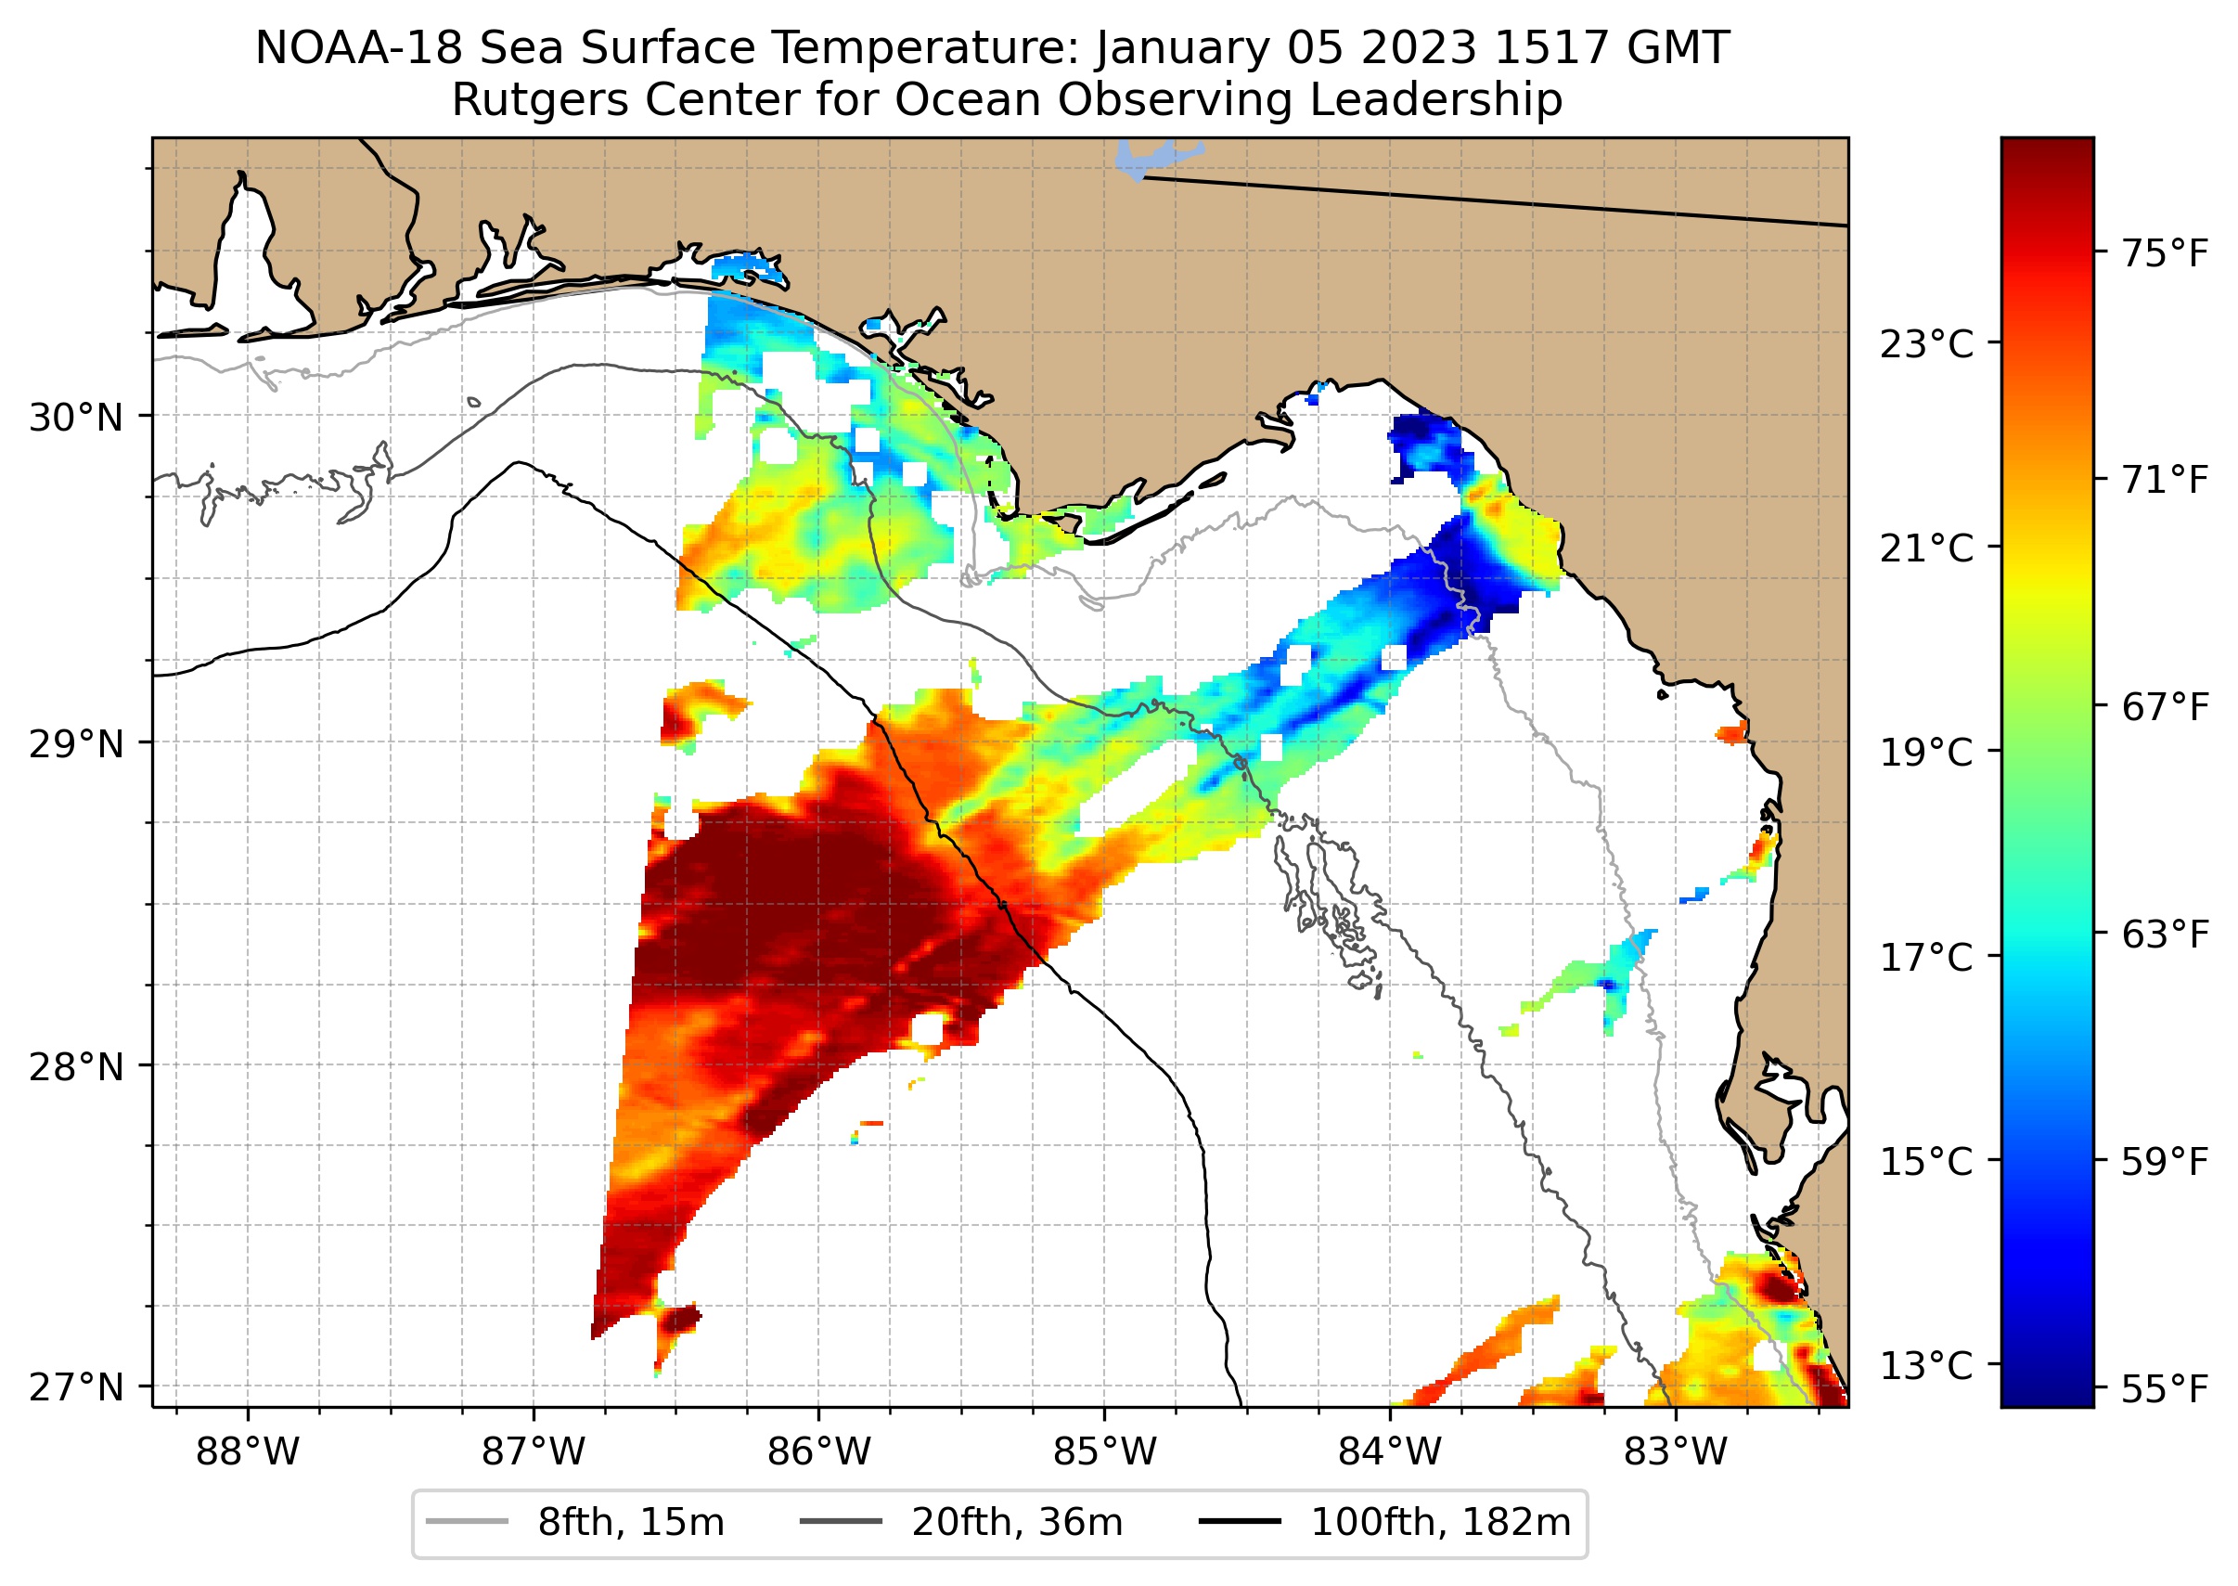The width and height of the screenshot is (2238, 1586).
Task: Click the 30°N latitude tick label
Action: click(75, 418)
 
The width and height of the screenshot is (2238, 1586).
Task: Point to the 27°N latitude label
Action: click(75, 1387)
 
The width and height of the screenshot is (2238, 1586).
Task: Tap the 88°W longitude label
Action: click(247, 1452)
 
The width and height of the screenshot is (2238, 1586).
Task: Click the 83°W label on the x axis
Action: click(1676, 1452)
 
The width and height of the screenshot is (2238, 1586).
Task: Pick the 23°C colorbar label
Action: click(1926, 344)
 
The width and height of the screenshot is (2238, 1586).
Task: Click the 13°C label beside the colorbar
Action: click(1926, 1365)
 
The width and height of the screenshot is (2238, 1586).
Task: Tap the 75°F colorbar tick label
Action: click(2164, 254)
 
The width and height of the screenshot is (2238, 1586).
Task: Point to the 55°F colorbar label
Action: click(2164, 1388)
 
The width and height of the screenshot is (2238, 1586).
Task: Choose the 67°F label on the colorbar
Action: click(2164, 707)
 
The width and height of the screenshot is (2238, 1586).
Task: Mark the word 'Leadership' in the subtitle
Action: click(1436, 99)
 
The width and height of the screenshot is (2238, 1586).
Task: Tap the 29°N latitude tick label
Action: click(75, 744)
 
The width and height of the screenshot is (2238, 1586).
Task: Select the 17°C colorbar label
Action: click(1926, 957)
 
